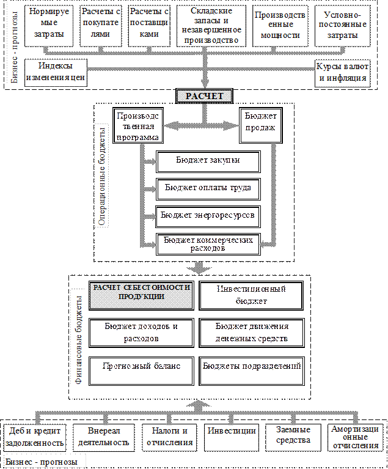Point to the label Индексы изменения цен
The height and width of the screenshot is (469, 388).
point(56,72)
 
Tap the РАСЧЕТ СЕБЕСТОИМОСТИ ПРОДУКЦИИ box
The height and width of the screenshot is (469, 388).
point(141,292)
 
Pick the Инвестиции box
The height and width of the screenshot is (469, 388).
point(232,430)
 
